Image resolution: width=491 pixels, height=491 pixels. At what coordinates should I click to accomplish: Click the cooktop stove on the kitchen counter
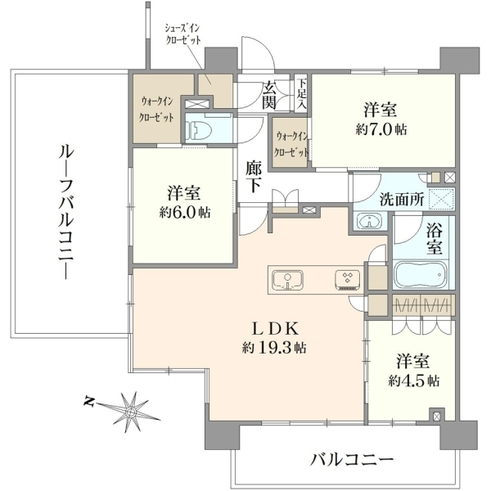[347, 279]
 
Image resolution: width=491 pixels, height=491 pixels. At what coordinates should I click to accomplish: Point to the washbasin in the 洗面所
[370, 220]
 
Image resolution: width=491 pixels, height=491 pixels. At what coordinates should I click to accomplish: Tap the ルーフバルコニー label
[66, 210]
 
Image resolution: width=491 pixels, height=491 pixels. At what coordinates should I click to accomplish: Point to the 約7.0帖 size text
[381, 128]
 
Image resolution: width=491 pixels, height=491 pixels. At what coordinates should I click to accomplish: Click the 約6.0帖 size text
[185, 212]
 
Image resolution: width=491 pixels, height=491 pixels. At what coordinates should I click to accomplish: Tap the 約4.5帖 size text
[414, 381]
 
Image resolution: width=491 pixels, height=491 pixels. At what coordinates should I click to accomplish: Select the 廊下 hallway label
[255, 177]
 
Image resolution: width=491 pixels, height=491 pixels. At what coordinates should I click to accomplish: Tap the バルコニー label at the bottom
[352, 458]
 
